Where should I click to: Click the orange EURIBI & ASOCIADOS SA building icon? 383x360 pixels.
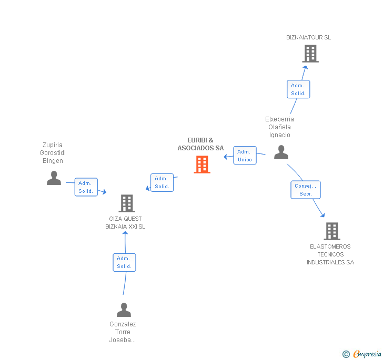pos(202,164)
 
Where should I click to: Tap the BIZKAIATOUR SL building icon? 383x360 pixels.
pos(310,54)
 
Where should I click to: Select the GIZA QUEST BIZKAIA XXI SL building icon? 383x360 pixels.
pos(126,203)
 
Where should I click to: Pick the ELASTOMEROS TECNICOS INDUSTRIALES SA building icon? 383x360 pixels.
pos(331,231)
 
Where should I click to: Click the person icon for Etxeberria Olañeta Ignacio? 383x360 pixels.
pos(281,152)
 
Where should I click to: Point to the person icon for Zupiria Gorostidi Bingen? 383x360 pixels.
pos(54,178)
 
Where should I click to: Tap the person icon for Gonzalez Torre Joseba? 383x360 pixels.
pos(124,310)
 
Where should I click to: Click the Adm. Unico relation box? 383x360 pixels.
pos(245,156)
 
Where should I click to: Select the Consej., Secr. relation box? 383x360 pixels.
pos(306,190)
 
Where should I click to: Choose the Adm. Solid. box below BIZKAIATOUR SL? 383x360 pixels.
pos(298,89)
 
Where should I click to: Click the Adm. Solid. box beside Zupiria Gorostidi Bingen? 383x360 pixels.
pos(86,187)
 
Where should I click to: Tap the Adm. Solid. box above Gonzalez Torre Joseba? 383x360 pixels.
pos(124,262)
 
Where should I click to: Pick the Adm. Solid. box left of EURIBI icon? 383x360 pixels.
pos(162,182)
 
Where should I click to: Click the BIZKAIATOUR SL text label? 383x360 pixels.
pos(309,37)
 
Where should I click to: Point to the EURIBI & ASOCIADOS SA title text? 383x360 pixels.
pos(200,144)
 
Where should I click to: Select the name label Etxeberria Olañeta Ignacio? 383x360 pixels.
pos(279,127)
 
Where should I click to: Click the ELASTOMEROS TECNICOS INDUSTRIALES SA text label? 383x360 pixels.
pos(330,254)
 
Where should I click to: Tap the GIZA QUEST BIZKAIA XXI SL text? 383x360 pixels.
pos(125,222)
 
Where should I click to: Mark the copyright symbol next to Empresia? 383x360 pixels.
pos(346,354)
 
